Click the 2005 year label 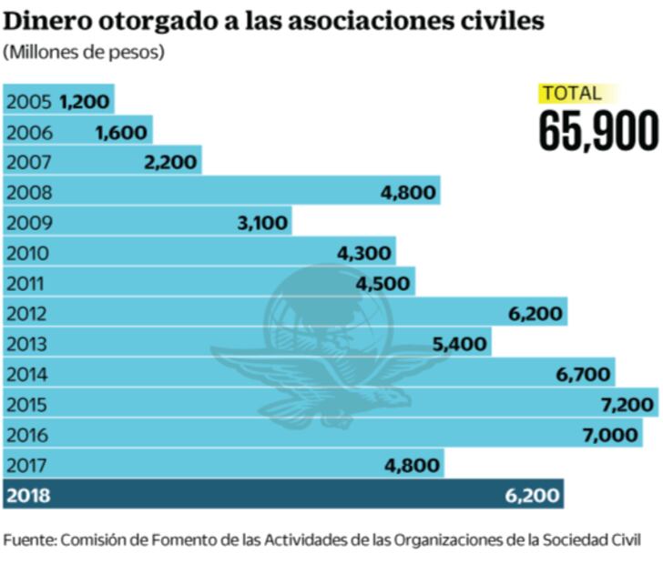click(x=29, y=102)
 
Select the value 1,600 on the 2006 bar click(x=121, y=133)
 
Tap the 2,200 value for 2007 click(x=170, y=163)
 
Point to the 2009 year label click(x=29, y=223)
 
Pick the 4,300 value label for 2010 click(x=364, y=253)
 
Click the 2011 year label click(x=27, y=283)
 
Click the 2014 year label click(x=29, y=374)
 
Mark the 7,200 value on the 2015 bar click(x=627, y=405)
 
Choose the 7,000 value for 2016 click(x=610, y=435)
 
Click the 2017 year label click(x=29, y=465)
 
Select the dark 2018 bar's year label click(x=29, y=497)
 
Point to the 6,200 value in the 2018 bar click(x=533, y=497)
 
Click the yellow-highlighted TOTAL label click(x=571, y=93)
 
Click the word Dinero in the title click(x=47, y=20)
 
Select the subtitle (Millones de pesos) click(x=84, y=52)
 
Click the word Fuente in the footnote click(x=29, y=539)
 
